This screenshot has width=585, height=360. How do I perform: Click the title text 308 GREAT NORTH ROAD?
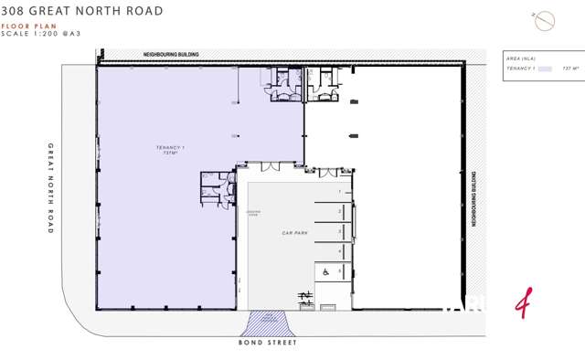(83, 11)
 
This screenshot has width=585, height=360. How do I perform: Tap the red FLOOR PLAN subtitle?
(23, 26)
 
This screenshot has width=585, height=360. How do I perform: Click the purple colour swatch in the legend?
(546, 69)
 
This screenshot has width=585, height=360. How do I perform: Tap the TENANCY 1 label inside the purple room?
(170, 148)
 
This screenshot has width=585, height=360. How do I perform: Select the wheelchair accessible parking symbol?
(324, 271)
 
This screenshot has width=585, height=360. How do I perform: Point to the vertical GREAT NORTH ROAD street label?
(51, 188)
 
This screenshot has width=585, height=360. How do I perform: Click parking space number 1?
(339, 192)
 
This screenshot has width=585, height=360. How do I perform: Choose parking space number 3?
(339, 231)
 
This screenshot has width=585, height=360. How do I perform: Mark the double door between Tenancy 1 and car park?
(271, 166)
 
